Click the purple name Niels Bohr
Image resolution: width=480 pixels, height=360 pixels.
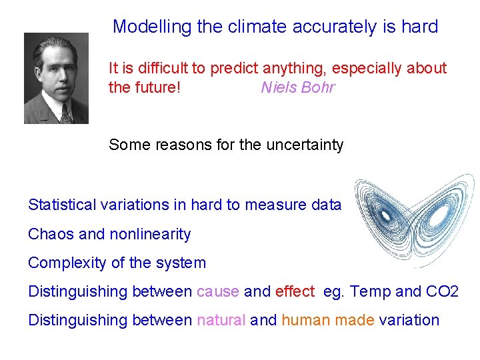tap(297, 87)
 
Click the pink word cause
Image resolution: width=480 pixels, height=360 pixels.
tap(218, 291)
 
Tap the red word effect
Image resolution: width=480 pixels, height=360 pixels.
tap(294, 291)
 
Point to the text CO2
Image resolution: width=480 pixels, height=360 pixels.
tap(442, 291)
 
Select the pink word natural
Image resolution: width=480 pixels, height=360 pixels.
tap(221, 320)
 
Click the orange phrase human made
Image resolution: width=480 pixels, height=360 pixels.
tap(327, 320)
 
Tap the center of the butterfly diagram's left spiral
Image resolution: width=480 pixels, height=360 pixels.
tap(385, 215)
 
